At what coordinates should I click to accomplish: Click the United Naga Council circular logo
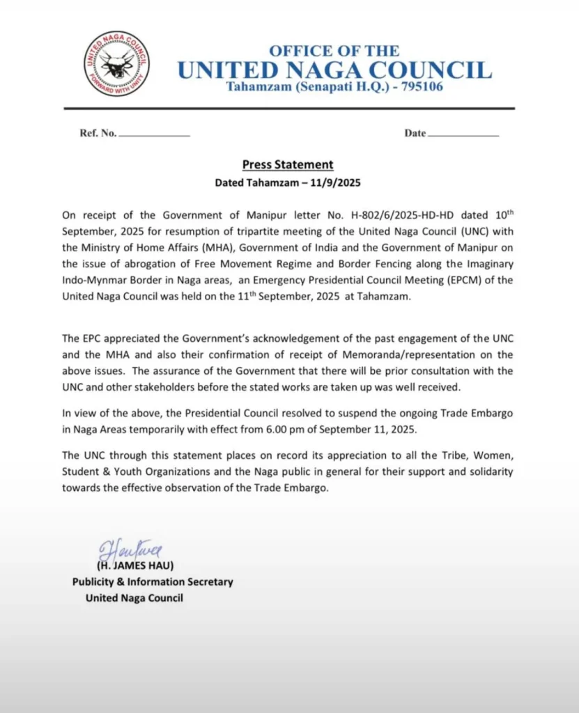click(116, 64)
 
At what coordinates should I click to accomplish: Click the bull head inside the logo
click(116, 65)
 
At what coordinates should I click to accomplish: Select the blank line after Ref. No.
click(155, 134)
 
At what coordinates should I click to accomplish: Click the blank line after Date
click(463, 134)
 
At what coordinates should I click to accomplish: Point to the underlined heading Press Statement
click(288, 165)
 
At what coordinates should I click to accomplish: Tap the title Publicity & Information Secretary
click(153, 582)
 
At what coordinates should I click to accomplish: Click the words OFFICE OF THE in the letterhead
click(334, 51)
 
